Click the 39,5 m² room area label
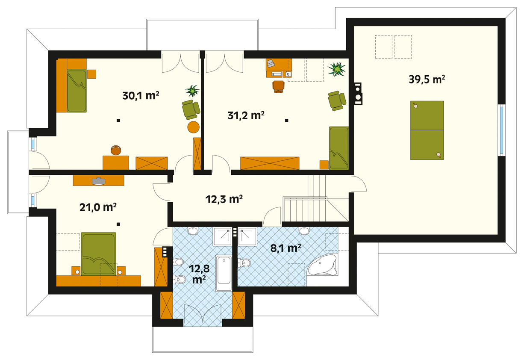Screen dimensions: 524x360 pos(427,80)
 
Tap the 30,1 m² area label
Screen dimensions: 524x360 pos(141,96)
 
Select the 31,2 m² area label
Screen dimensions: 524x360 pos(246,115)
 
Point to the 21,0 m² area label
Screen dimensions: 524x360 pos(98,207)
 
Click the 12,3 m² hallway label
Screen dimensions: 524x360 pos(224,199)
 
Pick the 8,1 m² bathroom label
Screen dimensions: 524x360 pos(286,248)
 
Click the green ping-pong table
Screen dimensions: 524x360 pos(427,130)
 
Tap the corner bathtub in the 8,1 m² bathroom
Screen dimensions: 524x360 pos(323,265)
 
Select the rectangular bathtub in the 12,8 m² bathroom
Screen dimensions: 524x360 pos(224,273)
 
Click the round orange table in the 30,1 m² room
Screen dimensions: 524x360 pos(194,127)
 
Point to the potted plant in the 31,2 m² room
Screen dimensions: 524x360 pos(337,69)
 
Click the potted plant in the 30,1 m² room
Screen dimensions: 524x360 pos(192,91)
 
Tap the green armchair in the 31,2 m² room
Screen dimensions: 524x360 pos(337,100)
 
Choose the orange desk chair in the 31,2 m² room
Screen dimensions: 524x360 pos(278,87)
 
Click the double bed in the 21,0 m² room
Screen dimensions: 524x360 pos(98,254)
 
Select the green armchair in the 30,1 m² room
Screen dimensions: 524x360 pos(191,109)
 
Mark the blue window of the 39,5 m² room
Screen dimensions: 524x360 pos(501,130)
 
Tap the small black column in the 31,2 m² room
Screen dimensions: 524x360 pos(286,121)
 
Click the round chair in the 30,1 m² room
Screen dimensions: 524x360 pos(116,150)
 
